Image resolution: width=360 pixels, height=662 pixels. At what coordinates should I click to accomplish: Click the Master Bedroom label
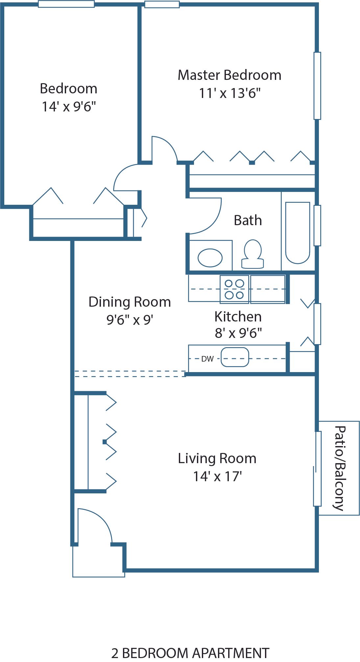229,75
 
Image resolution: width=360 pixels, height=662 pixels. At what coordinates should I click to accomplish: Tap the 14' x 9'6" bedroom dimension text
68,106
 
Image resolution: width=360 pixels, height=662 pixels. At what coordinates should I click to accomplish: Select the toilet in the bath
252,254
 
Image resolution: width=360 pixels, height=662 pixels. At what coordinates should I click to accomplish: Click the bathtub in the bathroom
298,233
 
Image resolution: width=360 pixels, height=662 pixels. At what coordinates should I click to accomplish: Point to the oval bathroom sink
210,258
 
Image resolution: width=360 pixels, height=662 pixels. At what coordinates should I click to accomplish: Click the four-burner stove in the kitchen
234,289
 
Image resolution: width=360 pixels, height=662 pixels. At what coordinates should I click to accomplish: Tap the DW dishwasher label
207,359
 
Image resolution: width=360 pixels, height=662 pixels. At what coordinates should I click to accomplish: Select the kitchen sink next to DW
234,357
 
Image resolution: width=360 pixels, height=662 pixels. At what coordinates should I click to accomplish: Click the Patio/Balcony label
340,468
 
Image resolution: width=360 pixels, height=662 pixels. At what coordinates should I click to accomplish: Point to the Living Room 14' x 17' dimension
217,476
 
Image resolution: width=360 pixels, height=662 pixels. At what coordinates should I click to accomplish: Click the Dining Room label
130,302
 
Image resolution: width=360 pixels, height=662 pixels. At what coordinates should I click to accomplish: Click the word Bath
248,220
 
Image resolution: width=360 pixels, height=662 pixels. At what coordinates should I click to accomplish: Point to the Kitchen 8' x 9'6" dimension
238,333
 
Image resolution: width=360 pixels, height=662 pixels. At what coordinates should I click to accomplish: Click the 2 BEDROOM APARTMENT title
190,653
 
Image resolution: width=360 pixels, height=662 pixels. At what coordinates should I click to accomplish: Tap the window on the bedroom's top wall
66,4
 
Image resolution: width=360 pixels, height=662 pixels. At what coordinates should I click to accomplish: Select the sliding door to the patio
317,468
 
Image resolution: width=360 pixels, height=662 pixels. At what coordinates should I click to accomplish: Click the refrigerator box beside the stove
268,289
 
